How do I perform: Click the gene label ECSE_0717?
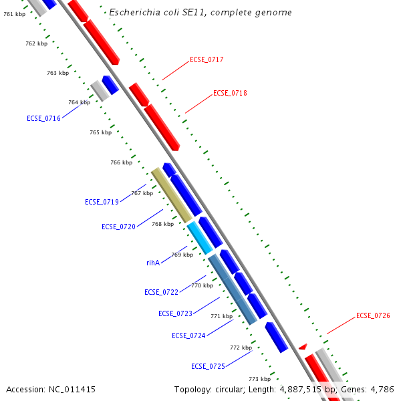point(207,60)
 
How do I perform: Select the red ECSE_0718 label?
point(230,94)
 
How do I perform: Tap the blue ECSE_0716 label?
point(43,118)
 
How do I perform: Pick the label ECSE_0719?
point(102,202)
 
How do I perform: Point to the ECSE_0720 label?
point(118,227)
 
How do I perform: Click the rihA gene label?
point(153,263)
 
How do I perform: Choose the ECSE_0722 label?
point(161,292)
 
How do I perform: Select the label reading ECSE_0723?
point(175,313)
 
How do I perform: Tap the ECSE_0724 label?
point(188,336)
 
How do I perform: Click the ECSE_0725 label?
point(208,366)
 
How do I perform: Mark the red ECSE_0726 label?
point(373,315)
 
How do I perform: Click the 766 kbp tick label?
point(121,162)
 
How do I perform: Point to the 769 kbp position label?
point(182,255)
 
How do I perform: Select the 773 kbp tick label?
point(259,379)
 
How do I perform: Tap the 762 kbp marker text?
point(36,43)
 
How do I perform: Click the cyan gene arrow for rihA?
point(200,237)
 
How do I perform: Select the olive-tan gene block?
point(172,195)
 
